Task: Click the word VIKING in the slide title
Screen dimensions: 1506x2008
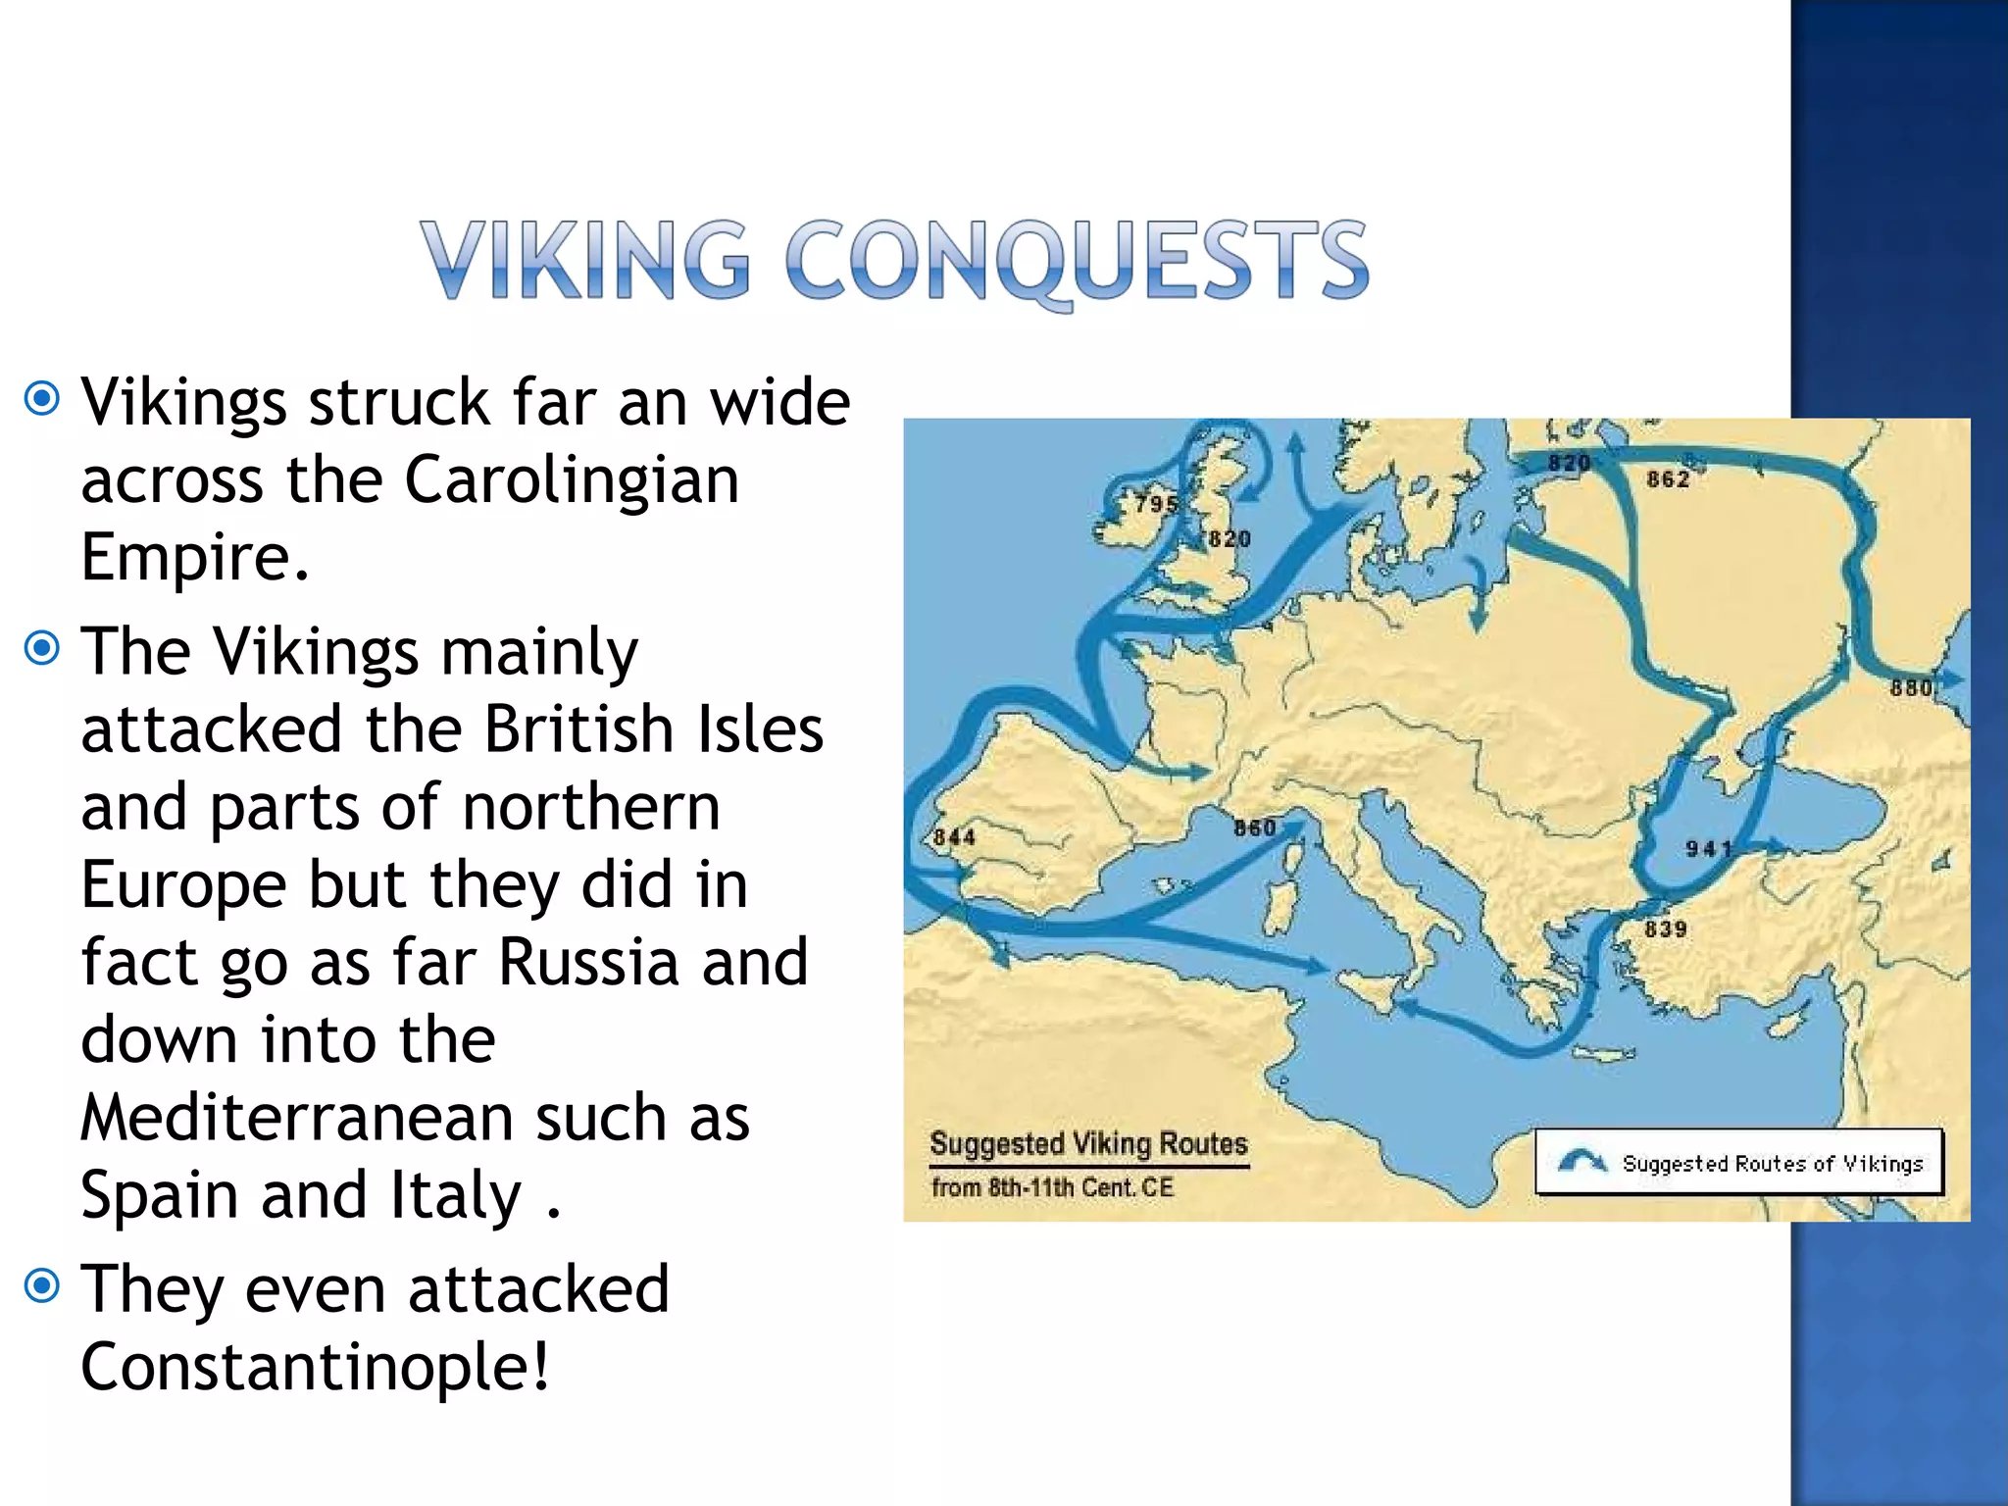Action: [585, 259]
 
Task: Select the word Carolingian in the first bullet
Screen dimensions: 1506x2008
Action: [572, 479]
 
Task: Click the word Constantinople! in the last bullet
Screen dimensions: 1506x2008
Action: [315, 1367]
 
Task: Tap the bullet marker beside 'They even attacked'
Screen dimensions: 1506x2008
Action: [42, 1285]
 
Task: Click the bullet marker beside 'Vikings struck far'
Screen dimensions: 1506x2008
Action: [42, 398]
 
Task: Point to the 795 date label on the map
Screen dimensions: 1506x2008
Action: [1156, 504]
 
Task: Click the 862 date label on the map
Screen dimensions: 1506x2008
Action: [1668, 479]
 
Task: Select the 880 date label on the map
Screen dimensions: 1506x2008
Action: [1911, 688]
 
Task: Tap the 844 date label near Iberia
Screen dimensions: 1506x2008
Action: [954, 837]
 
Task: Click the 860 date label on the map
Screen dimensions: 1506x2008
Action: [1255, 828]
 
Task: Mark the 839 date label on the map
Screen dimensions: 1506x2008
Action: [1666, 929]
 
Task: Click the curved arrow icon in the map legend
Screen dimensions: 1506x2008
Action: [1581, 1162]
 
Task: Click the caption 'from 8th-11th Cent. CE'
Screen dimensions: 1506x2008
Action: [1052, 1188]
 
